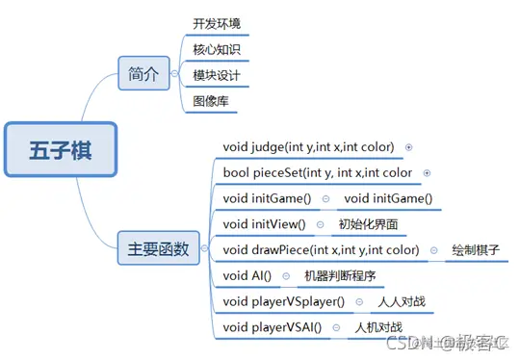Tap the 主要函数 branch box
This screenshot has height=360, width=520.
pyautogui.click(x=158, y=249)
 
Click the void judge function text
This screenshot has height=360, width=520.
pyautogui.click(x=308, y=146)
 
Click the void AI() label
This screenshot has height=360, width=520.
pyautogui.click(x=247, y=276)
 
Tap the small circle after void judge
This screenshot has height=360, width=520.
pyautogui.click(x=409, y=147)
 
